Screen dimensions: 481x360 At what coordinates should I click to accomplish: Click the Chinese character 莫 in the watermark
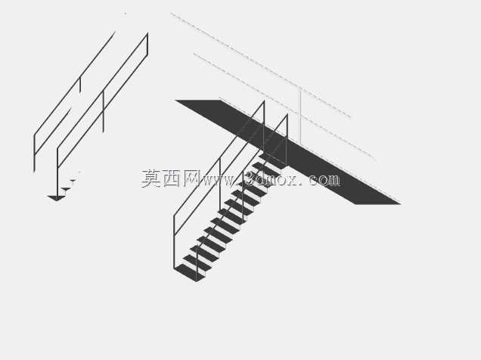pyautogui.click(x=151, y=178)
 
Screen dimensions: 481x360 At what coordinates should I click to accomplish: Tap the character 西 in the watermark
pyautogui.click(x=171, y=178)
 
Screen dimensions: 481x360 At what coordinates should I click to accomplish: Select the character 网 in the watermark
pyautogui.click(x=191, y=178)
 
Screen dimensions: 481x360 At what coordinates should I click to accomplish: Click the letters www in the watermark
pyautogui.click(x=218, y=181)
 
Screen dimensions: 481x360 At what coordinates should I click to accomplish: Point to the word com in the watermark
pyautogui.click(x=324, y=180)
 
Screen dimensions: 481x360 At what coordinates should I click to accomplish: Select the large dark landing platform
pyautogui.click(x=287, y=152)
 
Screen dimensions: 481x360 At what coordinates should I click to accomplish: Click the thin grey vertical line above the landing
pyautogui.click(x=300, y=117)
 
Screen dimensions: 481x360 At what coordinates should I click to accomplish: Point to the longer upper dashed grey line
pyautogui.click(x=261, y=65)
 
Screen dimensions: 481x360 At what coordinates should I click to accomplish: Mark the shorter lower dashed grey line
pyautogui.click(x=284, y=107)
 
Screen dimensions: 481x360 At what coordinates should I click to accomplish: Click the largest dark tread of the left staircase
pyautogui.click(x=57, y=198)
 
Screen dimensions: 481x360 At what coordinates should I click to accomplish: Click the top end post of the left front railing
pyautogui.click(x=147, y=44)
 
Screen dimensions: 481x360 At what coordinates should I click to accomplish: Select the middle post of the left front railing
pyautogui.click(x=103, y=112)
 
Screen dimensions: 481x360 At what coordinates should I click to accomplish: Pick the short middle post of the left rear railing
pyautogui.click(x=80, y=85)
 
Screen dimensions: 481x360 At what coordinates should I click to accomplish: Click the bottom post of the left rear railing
pyautogui.click(x=34, y=154)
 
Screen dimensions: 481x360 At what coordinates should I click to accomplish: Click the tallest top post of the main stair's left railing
pyautogui.click(x=264, y=126)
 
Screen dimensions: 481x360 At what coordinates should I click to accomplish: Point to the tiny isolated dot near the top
pyautogui.click(x=125, y=14)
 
